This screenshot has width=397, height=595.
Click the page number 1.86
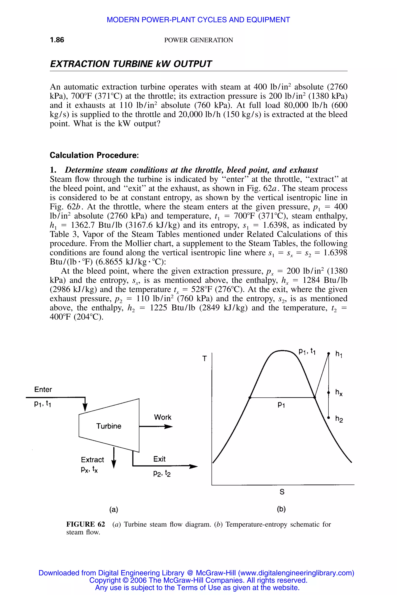pos(57,40)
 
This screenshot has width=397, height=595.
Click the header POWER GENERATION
pos(198,40)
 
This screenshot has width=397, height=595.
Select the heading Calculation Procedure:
pos(94,155)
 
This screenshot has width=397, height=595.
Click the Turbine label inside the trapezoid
pos(109,426)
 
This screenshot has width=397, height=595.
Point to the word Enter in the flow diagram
pos(43,389)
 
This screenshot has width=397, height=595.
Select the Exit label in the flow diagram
pos(159,459)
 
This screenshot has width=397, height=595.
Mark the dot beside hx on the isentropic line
pos(329,393)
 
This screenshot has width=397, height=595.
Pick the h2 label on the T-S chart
pos(339,419)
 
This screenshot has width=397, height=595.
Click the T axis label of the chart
pos(205,359)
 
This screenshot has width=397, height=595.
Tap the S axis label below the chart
pos(282,492)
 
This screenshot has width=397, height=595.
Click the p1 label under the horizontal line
pos(281,405)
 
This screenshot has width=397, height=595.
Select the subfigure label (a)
pos(114,509)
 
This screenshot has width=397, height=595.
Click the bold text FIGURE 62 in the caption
pos(85,524)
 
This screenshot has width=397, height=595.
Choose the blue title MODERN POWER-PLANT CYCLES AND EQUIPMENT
pos(198,20)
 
